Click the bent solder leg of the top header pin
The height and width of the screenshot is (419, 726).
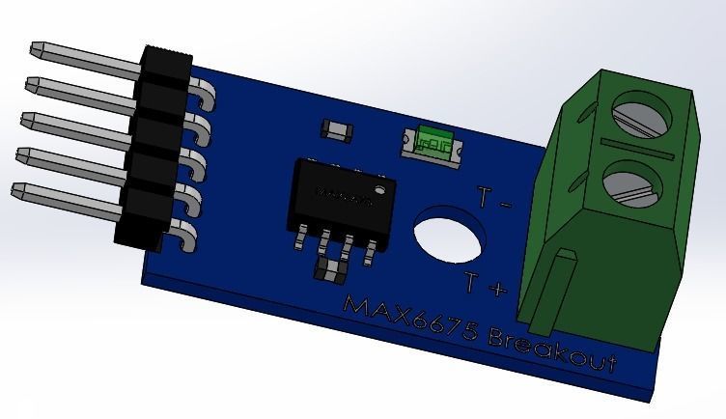point(204,93)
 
